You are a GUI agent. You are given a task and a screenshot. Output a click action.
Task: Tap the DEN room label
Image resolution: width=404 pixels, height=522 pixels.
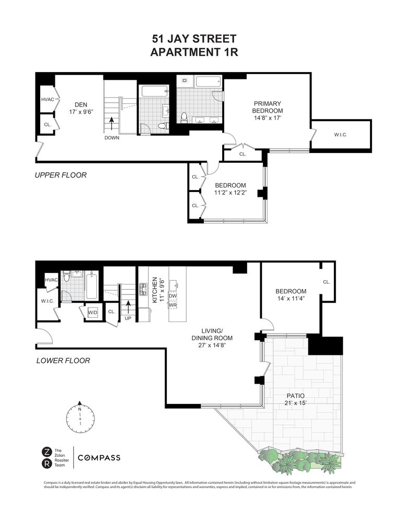[80, 104]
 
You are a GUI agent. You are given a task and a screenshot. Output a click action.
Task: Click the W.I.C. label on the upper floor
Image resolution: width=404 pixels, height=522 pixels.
[341, 135]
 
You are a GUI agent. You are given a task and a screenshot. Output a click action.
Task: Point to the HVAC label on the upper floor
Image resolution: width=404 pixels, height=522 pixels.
[48, 99]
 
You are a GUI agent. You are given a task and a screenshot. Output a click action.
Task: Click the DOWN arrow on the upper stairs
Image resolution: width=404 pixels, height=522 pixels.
[111, 123]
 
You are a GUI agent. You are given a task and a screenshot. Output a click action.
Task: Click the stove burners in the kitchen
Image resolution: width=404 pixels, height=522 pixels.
[143, 290]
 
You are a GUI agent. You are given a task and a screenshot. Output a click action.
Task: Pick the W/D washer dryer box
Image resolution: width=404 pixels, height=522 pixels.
[93, 312]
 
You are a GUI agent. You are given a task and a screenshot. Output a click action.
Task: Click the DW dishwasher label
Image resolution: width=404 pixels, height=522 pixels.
[174, 296]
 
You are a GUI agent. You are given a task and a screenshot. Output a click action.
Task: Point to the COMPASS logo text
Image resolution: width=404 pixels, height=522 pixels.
[99, 458]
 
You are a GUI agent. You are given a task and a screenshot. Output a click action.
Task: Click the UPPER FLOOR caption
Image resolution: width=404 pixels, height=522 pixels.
[61, 175]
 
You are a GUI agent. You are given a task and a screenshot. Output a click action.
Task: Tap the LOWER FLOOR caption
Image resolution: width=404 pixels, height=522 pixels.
[63, 360]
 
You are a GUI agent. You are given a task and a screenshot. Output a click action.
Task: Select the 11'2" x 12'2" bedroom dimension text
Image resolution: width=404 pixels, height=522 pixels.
[230, 193]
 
